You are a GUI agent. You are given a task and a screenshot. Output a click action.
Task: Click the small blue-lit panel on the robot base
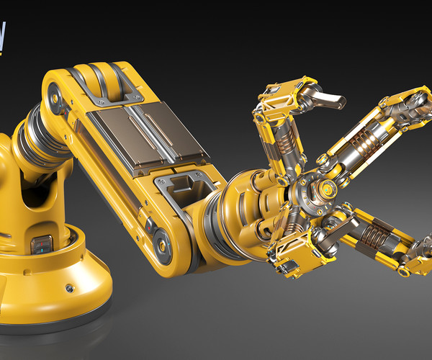(42, 246)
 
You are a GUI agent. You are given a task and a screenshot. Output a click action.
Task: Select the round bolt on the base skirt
(70, 287)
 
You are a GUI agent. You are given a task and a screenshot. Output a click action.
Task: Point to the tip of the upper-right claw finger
(420, 101)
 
